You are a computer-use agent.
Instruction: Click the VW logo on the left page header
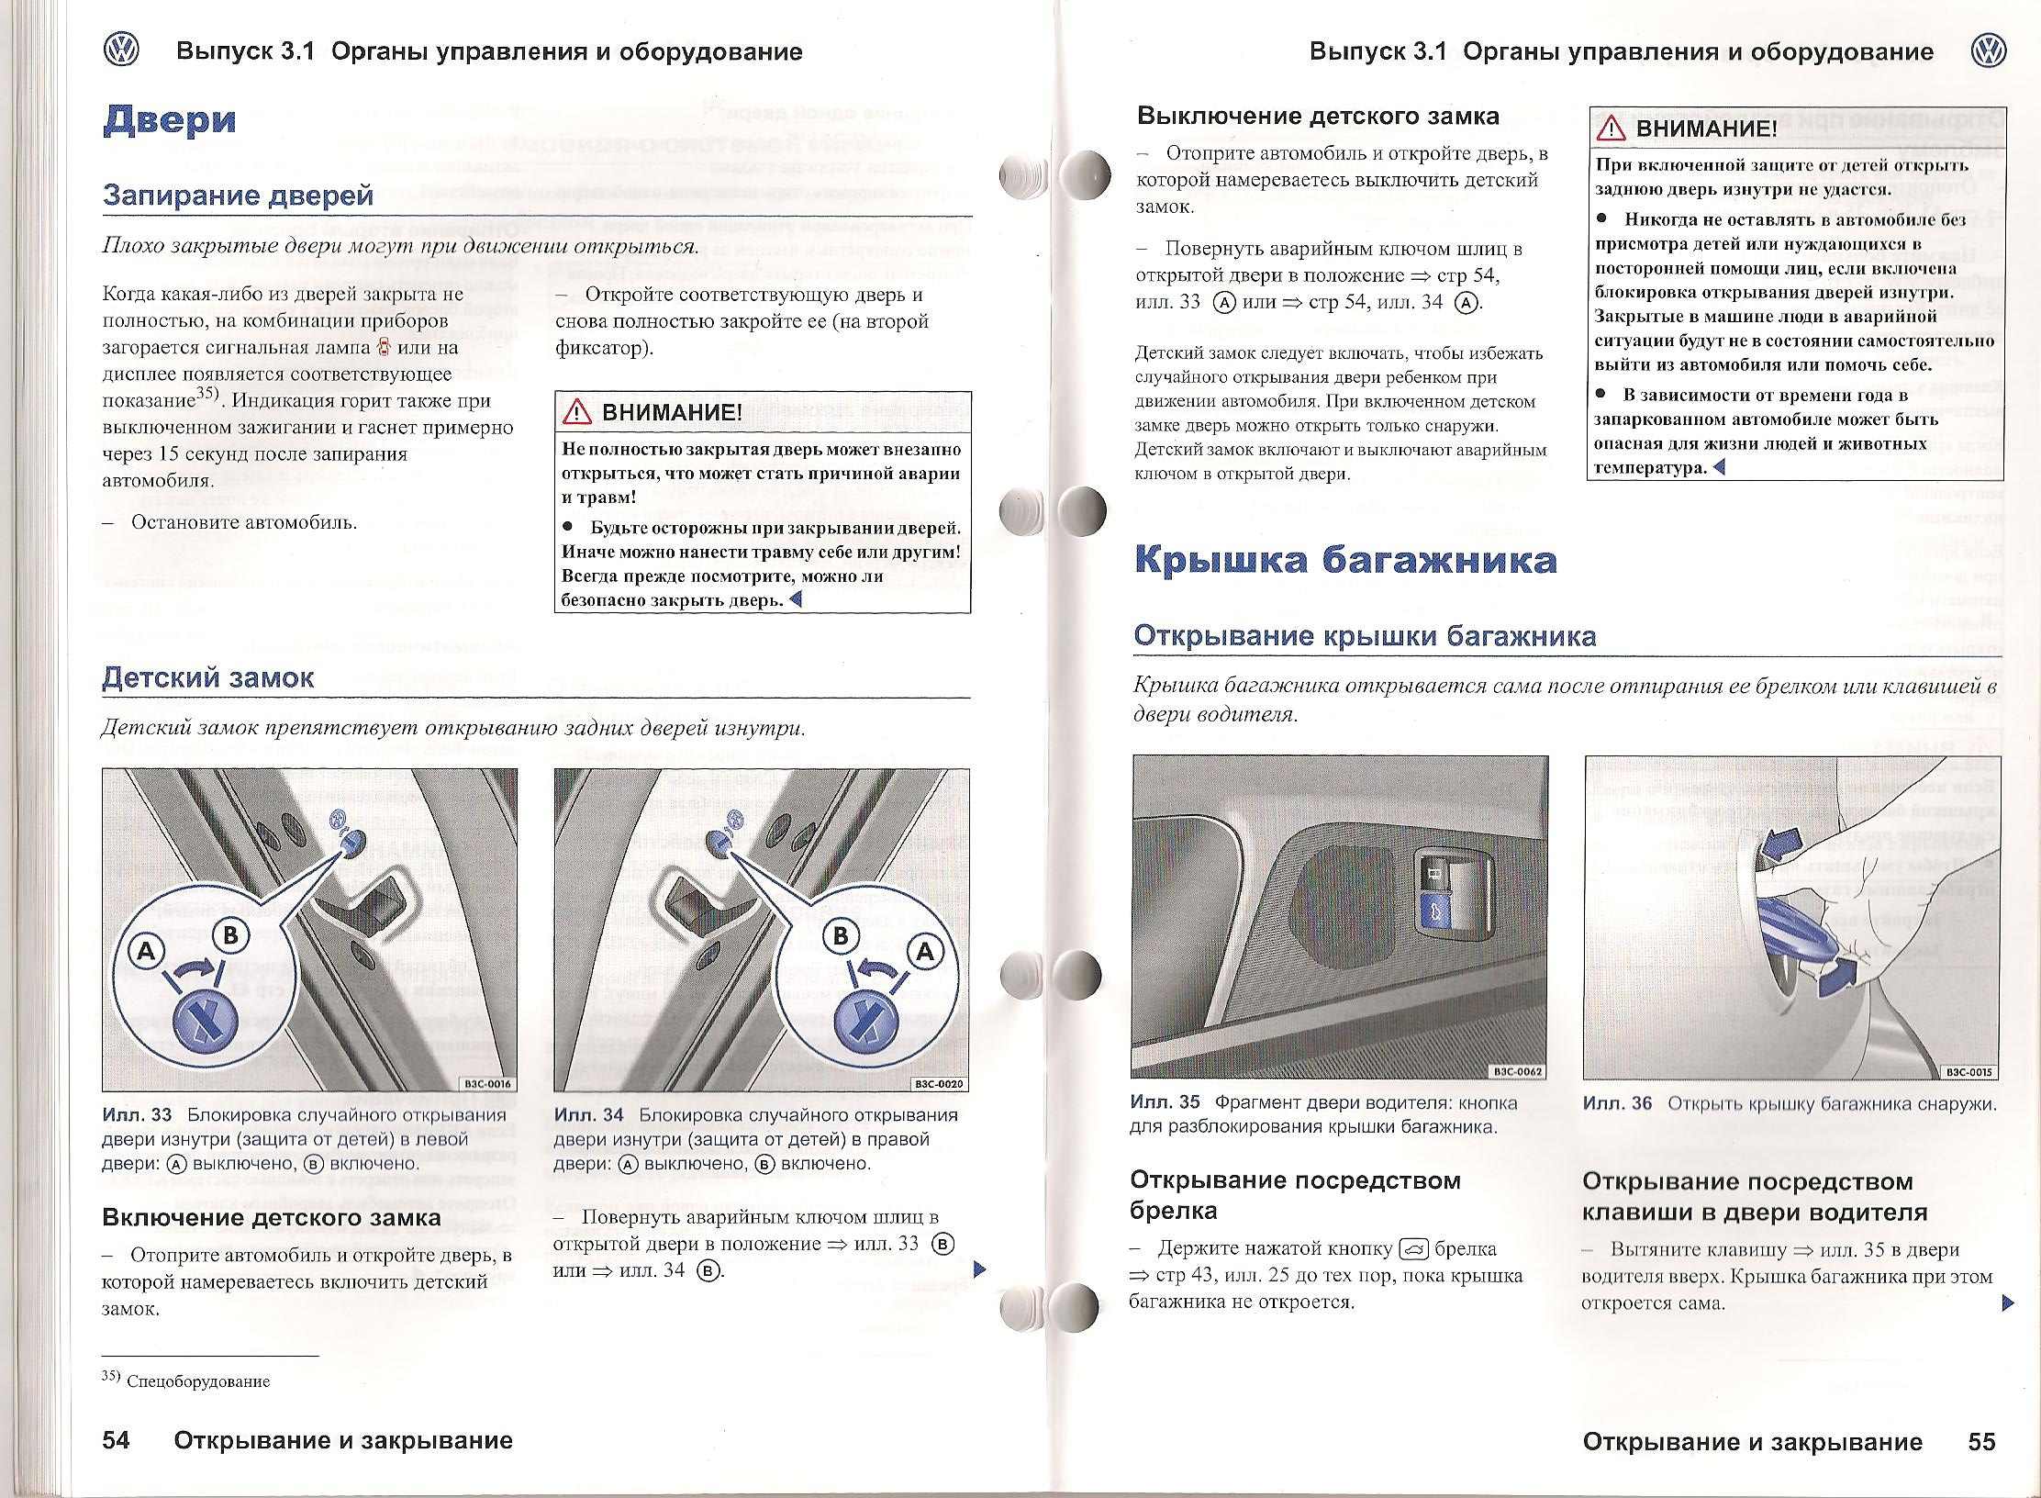pyautogui.click(x=121, y=50)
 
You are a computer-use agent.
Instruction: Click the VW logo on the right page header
pyautogui.click(x=1988, y=50)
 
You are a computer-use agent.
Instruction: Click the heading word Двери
pyautogui.click(x=170, y=120)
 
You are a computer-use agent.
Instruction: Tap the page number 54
pyautogui.click(x=116, y=1440)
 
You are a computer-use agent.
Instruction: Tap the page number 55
pyautogui.click(x=1981, y=1441)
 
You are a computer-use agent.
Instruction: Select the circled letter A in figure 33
pyautogui.click(x=145, y=952)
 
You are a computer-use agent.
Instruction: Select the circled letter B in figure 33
pyautogui.click(x=230, y=936)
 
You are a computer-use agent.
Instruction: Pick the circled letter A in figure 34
pyautogui.click(x=925, y=952)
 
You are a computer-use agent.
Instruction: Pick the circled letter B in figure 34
pyautogui.click(x=840, y=936)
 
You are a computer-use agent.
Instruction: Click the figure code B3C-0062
pyautogui.click(x=1519, y=1071)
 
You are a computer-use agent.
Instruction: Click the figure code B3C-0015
pyautogui.click(x=1970, y=1071)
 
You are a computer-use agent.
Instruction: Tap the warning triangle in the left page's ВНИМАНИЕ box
pyautogui.click(x=578, y=413)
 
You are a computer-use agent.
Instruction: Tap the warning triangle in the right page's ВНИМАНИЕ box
pyautogui.click(x=1612, y=129)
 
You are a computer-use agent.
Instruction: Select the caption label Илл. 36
pyautogui.click(x=1617, y=1104)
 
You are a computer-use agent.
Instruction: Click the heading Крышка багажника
pyautogui.click(x=1345, y=560)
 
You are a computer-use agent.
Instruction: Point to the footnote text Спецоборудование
pyautogui.click(x=198, y=1381)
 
